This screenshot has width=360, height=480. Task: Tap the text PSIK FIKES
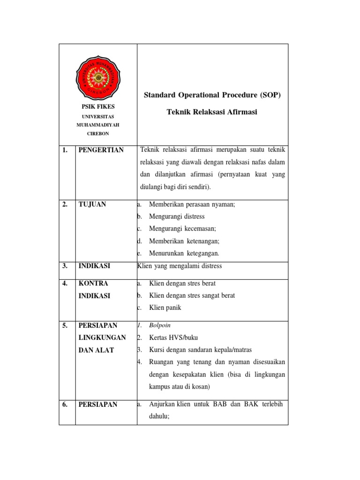pos(98,107)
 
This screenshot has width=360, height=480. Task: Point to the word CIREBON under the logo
pos(98,133)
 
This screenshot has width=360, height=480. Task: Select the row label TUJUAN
pos(92,204)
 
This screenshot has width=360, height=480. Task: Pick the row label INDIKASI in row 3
pos(94,266)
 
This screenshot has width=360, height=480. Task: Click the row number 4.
pos(65,284)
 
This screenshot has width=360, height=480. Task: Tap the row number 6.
pos(65,405)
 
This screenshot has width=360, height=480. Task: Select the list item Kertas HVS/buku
pos(174,337)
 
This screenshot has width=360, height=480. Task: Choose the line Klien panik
pos(165,308)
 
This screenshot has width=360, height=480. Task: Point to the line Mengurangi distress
pos(177,217)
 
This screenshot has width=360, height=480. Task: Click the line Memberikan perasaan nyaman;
pos(192,204)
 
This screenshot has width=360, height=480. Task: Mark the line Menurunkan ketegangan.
pos(184,253)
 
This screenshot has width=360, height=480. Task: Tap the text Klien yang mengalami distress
pos(180,266)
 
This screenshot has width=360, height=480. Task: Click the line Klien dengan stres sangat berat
pos(192,296)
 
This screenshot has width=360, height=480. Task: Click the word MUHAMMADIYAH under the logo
pos(98,124)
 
